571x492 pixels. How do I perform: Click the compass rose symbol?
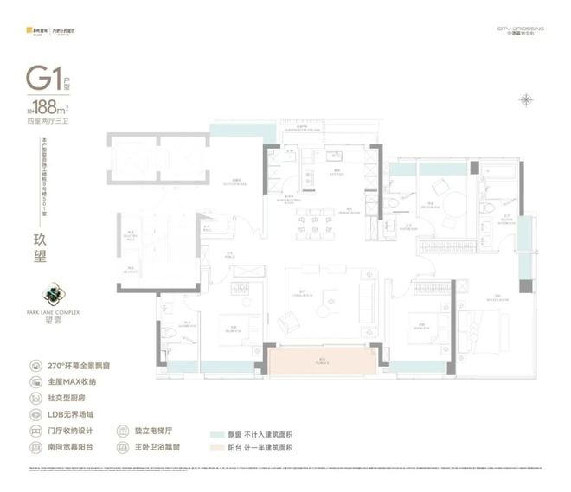(x=526, y=99)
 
